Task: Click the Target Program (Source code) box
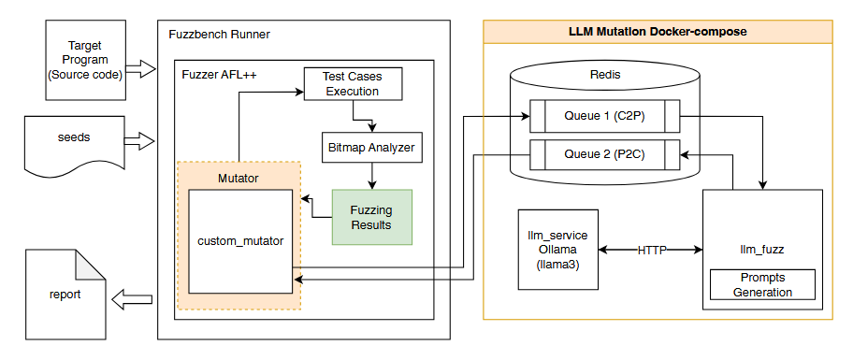[84, 59]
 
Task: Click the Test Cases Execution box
[351, 84]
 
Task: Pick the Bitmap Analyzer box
[370, 147]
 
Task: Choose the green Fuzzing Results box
[371, 217]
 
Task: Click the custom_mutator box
[240, 241]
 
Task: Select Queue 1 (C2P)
[600, 117]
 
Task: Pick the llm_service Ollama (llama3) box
[558, 249]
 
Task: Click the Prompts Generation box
[761, 285]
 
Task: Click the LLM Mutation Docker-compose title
[657, 31]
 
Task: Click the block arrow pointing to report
[132, 299]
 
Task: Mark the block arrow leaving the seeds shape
[138, 141]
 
